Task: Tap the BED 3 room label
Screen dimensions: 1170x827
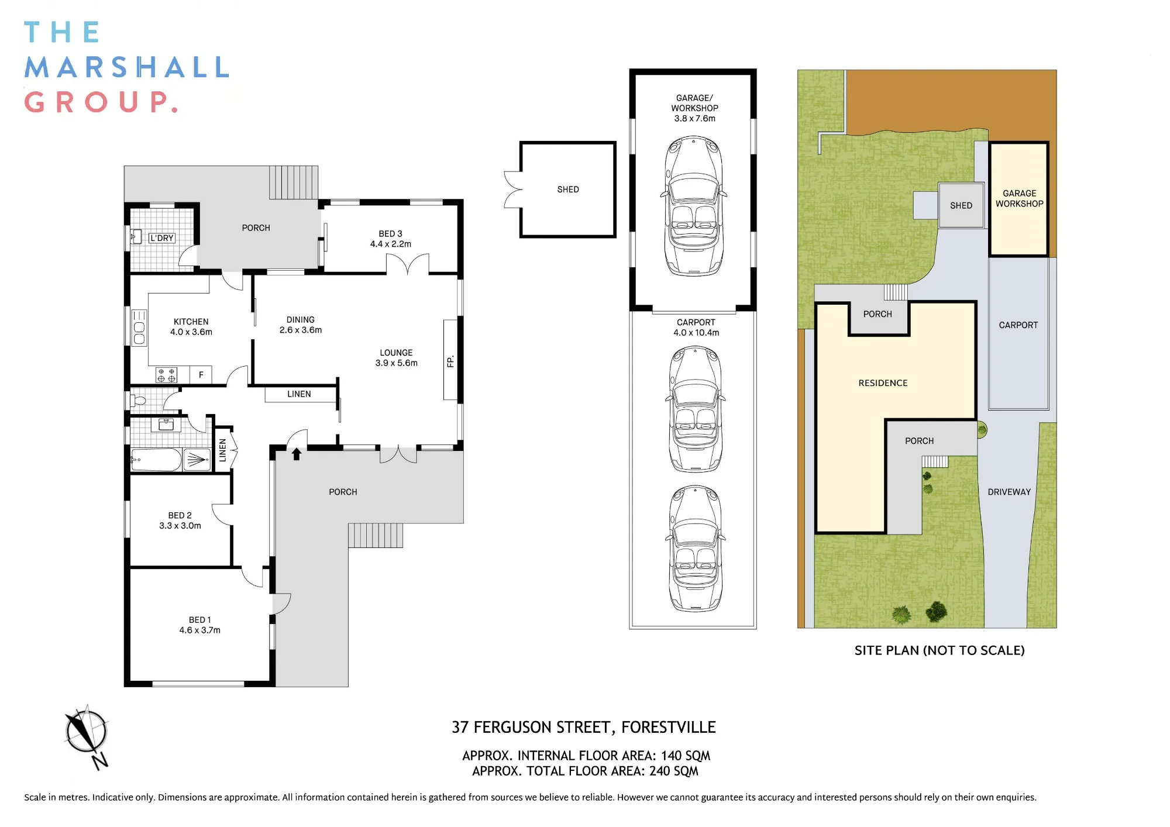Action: [x=390, y=233]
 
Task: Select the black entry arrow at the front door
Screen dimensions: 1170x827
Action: [x=297, y=454]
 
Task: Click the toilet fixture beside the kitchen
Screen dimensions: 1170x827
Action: [x=138, y=401]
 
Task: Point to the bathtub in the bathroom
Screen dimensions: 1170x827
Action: [x=156, y=460]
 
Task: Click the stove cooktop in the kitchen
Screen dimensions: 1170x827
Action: [x=166, y=375]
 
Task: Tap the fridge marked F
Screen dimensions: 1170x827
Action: [x=201, y=375]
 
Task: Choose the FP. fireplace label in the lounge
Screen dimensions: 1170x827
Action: [x=450, y=361]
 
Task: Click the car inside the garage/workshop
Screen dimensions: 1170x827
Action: [x=693, y=206]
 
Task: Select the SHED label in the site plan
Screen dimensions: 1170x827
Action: [x=961, y=205]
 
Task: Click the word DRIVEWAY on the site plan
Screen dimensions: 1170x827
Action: [x=1009, y=492]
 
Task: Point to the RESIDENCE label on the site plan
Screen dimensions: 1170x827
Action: [x=883, y=383]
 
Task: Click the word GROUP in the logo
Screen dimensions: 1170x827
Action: [x=101, y=102]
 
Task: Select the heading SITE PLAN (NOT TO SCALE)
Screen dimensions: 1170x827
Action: [x=940, y=650]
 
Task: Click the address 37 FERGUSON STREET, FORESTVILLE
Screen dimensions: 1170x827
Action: [x=584, y=727]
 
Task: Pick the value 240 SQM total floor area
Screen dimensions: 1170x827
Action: [x=674, y=771]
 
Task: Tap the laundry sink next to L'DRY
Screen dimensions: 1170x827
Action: [x=136, y=237]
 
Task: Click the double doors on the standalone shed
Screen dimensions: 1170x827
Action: [x=513, y=189]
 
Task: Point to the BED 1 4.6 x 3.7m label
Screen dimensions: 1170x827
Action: [x=200, y=625]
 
